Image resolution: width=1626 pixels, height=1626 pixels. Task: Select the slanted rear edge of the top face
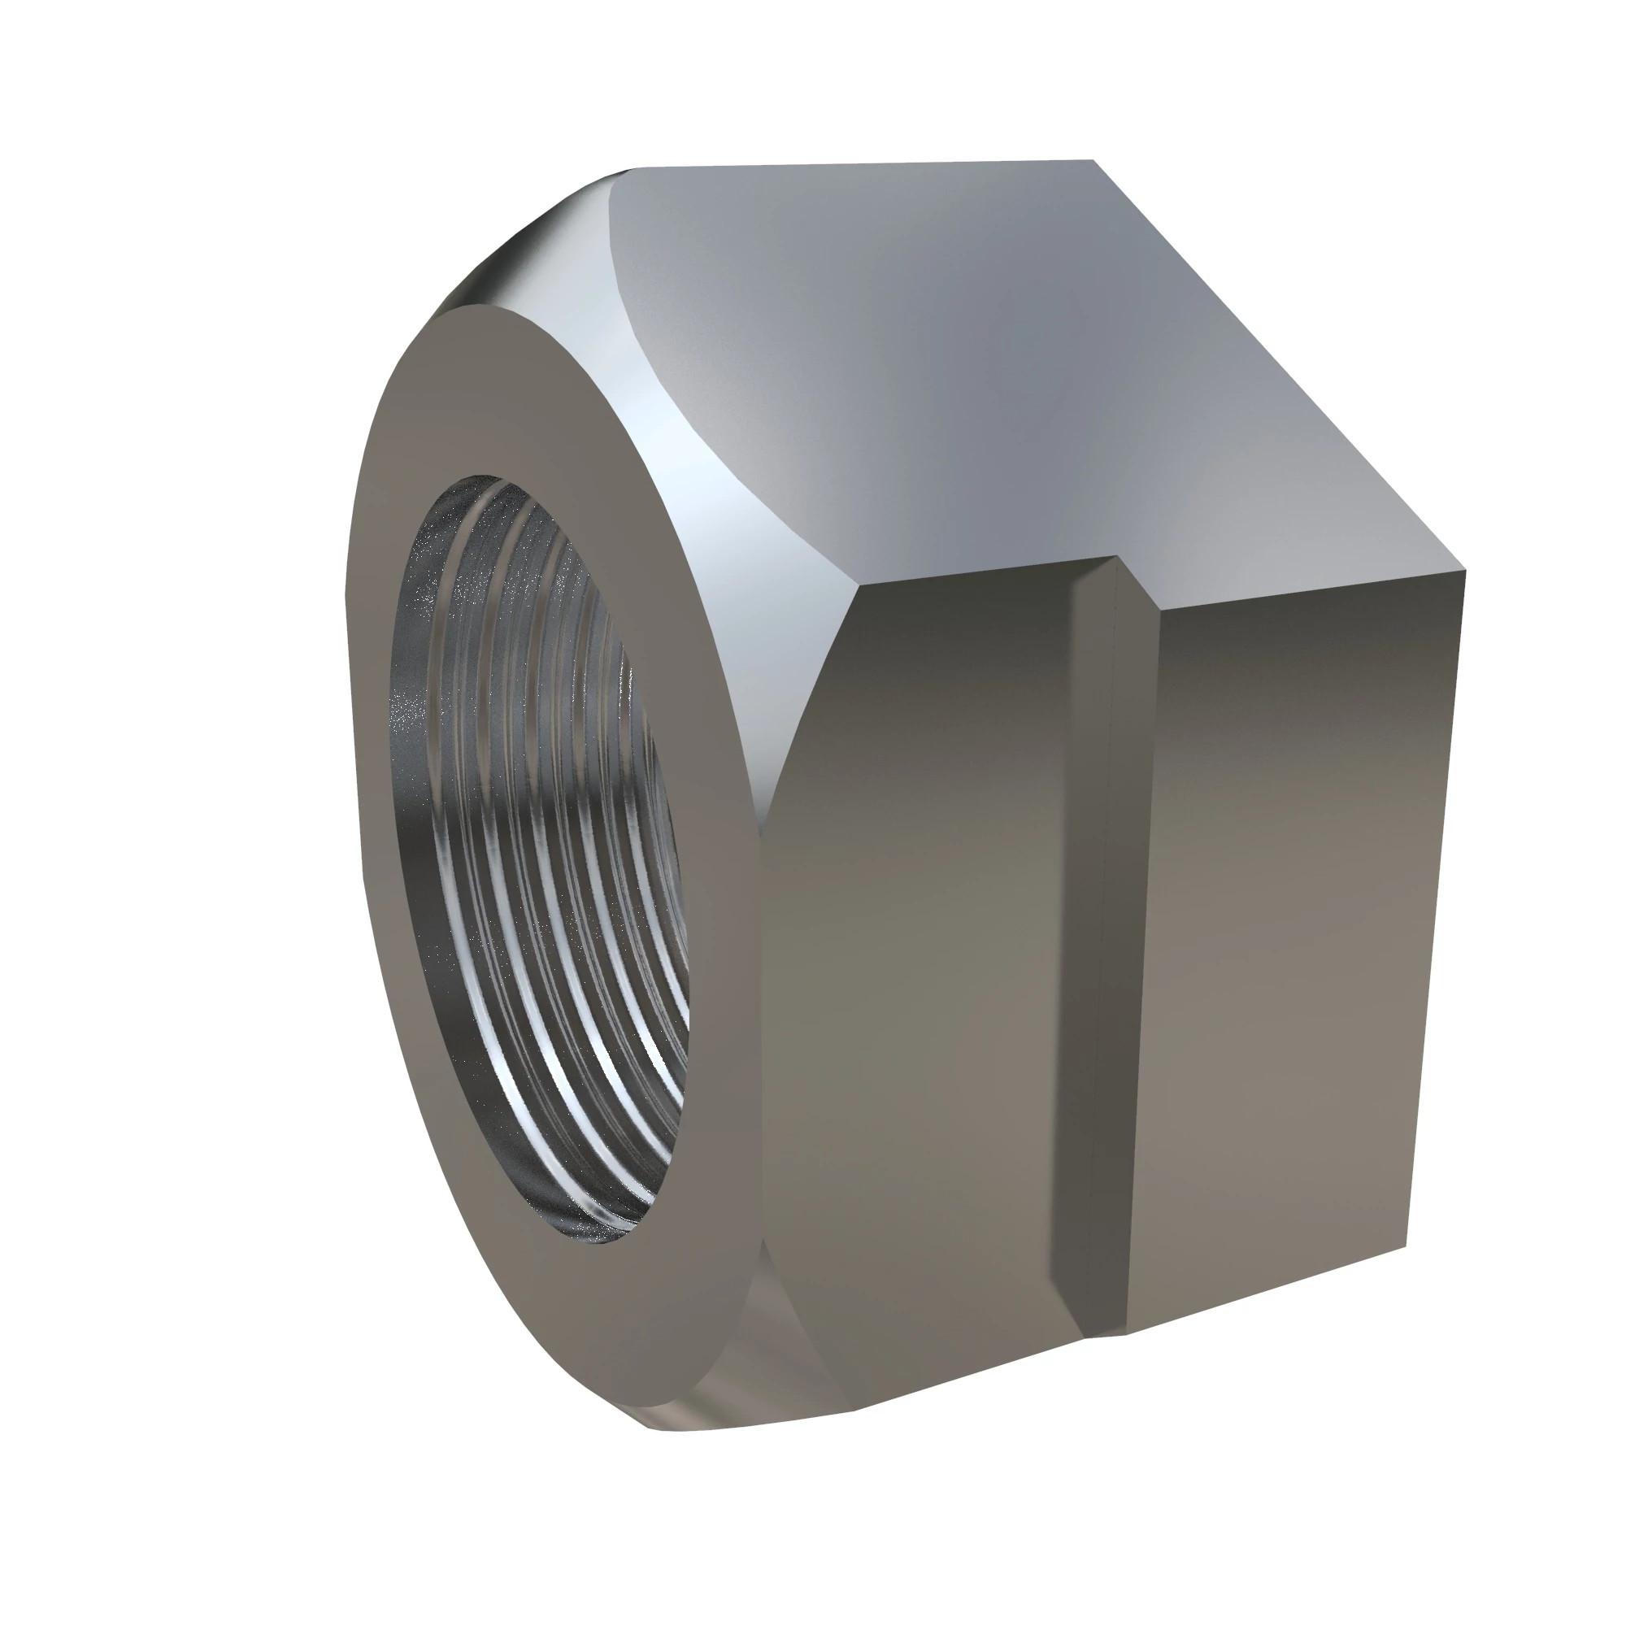tap(1279, 370)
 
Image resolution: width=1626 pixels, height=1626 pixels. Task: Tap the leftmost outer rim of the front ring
tap(348, 758)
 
